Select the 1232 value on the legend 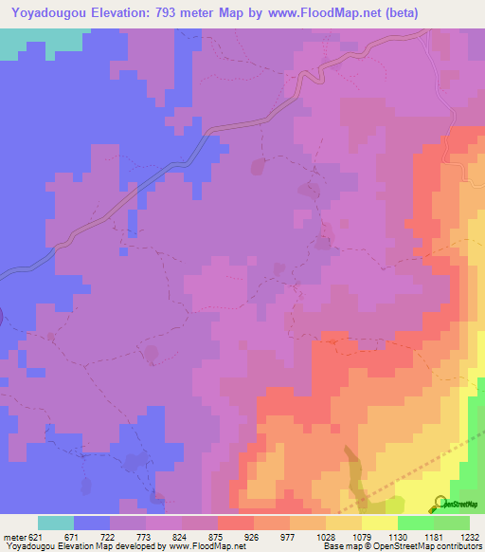tap(468, 537)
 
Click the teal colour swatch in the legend tap(56, 523)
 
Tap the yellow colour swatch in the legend tap(380, 523)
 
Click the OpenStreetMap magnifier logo tap(440, 503)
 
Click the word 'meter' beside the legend tap(13, 537)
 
